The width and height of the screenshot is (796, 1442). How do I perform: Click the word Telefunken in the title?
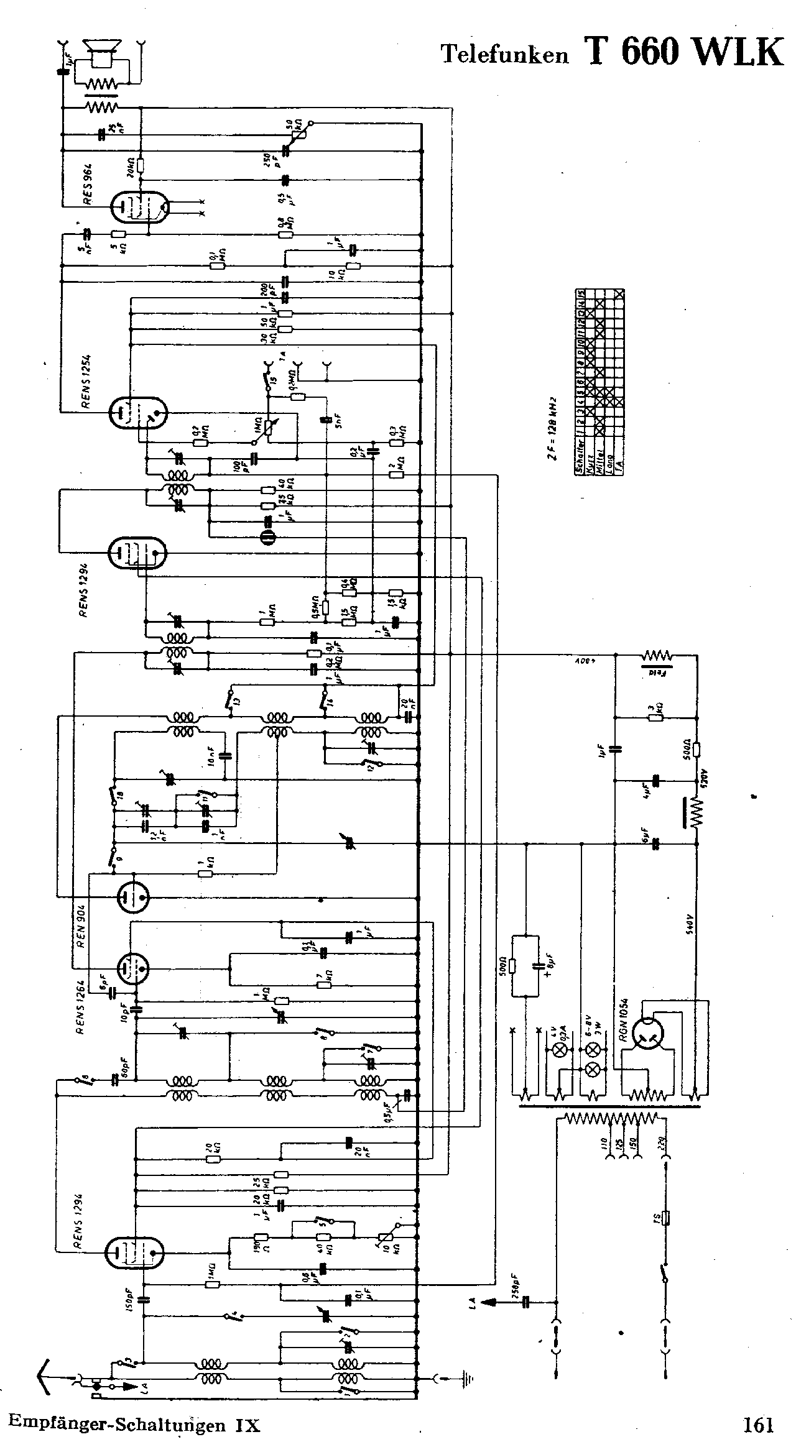pyautogui.click(x=504, y=55)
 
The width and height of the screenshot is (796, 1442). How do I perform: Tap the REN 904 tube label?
pyautogui.click(x=81, y=935)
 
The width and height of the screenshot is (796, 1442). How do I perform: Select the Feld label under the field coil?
pyautogui.click(x=657, y=673)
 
